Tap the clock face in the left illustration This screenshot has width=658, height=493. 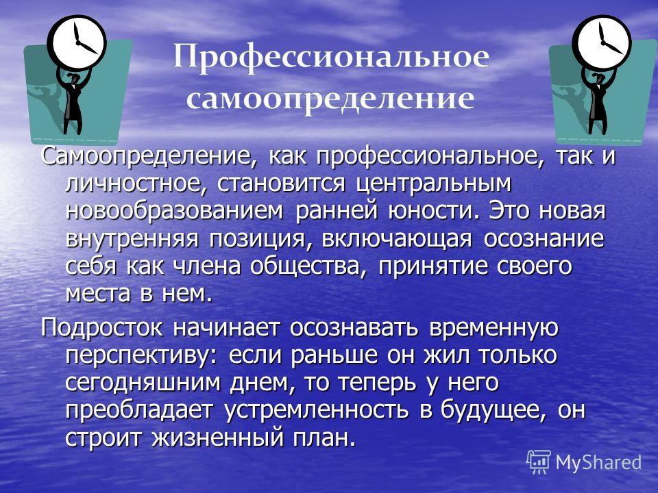tap(77, 40)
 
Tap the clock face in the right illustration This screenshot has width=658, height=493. tap(602, 40)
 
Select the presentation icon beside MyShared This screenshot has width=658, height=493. tap(539, 462)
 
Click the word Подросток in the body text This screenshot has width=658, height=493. tap(101, 327)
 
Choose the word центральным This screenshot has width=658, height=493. tap(433, 184)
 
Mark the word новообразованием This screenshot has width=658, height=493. tap(174, 211)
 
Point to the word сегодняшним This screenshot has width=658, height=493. tap(143, 383)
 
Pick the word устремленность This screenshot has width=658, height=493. tap(317, 410)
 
